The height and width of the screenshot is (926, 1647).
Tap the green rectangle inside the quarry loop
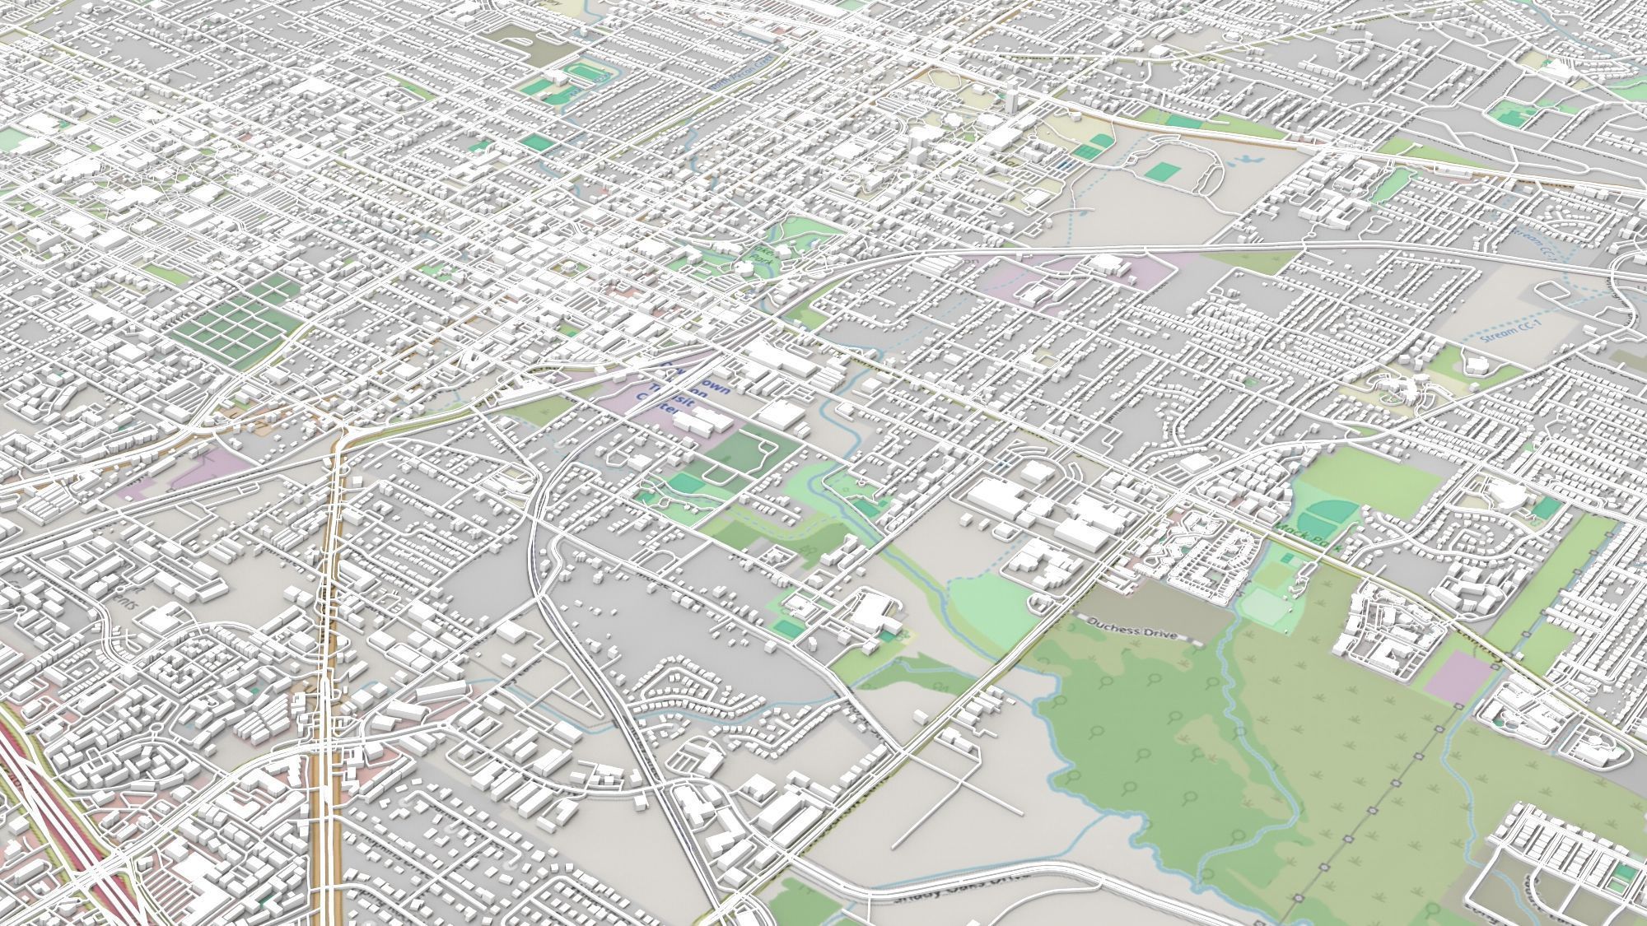point(1162,172)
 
